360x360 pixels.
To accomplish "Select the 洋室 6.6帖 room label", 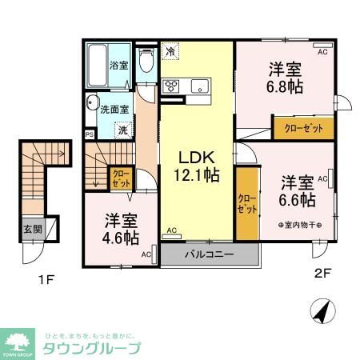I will pos(296,190).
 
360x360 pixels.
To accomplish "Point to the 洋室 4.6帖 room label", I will pos(121,228).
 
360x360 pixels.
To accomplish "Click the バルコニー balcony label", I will pos(210,254).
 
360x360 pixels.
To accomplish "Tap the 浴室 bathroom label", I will pos(118,66).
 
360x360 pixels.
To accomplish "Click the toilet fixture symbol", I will pos(146,62).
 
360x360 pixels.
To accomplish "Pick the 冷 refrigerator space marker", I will pos(170,50).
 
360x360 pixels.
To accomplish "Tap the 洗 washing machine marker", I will pos(122,128).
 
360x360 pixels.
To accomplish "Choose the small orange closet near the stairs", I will pos(121,176).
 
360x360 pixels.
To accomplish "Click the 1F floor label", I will pos(46,281).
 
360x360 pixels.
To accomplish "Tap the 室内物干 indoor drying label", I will pos(299,226).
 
